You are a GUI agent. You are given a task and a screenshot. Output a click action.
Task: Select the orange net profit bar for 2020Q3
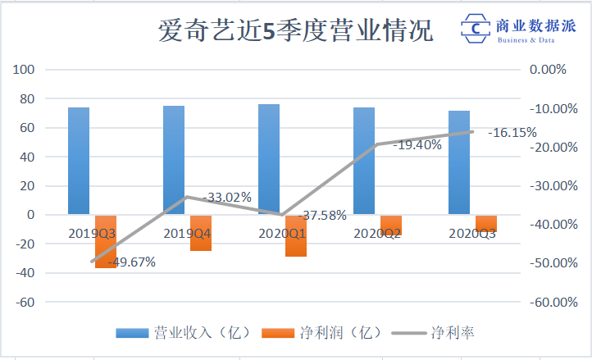pyautogui.click(x=486, y=223)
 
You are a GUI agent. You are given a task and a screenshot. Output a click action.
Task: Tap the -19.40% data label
pyautogui.click(x=417, y=144)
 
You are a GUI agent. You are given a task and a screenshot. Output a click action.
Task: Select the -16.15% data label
pyautogui.click(x=512, y=132)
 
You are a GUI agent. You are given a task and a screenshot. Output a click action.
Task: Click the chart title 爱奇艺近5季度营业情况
pyautogui.click(x=295, y=32)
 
